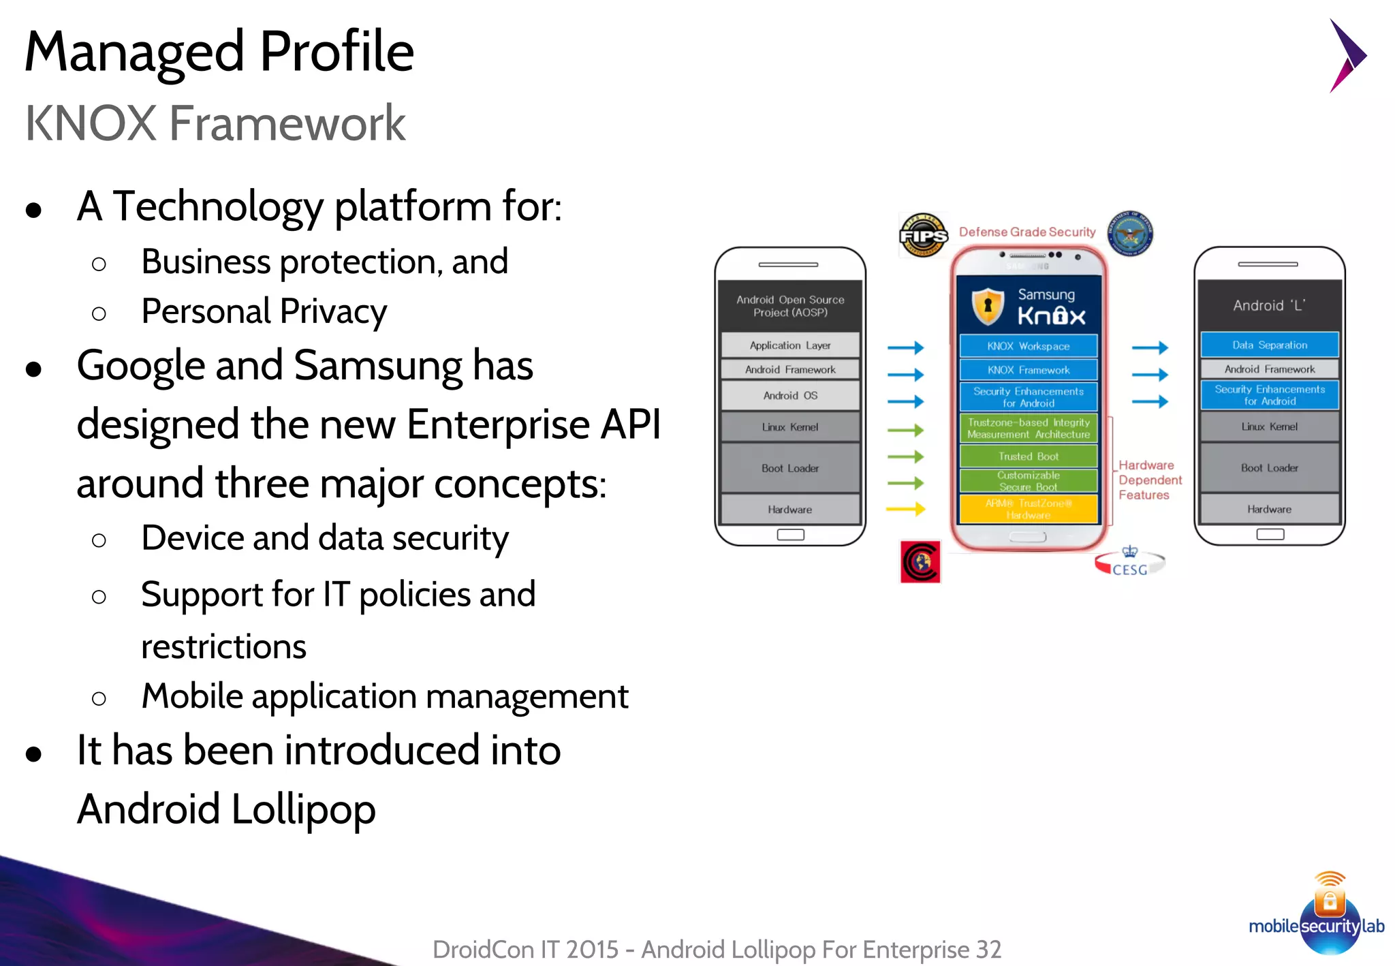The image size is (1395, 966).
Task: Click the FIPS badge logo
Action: coord(923,235)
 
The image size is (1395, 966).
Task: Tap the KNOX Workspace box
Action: coord(1028,346)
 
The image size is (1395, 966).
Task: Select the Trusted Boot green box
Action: coord(1028,456)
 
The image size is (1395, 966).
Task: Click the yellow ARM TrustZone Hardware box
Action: coord(1028,509)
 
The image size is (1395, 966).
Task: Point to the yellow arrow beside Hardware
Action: coord(905,508)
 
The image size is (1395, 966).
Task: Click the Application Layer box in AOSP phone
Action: coord(790,345)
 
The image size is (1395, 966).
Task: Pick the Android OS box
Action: coord(790,395)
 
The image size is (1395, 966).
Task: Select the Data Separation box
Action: coord(1270,345)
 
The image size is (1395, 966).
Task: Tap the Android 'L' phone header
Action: coord(1270,305)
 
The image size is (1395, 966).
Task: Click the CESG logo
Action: coord(1129,563)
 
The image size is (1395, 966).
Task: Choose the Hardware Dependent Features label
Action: coord(1150,480)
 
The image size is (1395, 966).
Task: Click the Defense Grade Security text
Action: coord(1027,232)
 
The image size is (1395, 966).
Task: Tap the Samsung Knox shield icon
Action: coord(988,306)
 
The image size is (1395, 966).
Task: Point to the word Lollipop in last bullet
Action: coord(303,809)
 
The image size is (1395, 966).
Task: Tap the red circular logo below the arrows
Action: coord(920,562)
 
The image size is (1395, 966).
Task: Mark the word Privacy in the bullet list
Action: coord(333,312)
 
